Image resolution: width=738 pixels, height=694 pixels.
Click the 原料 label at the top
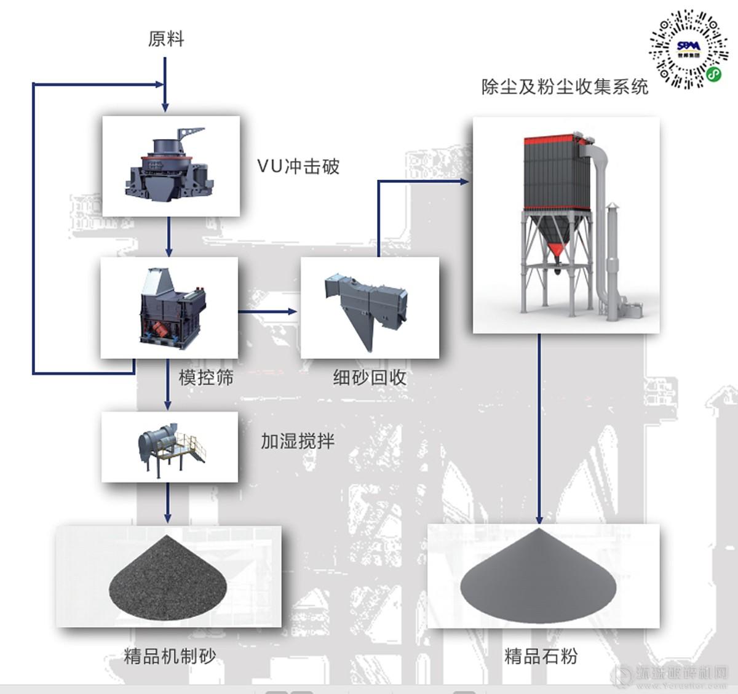(166, 39)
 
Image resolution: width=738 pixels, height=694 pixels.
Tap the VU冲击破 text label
(298, 166)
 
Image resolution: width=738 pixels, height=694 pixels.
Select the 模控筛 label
(206, 377)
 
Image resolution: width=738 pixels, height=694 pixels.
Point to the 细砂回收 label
(370, 377)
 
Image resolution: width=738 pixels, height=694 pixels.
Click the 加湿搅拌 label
(298, 441)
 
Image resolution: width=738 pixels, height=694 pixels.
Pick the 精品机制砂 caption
(170, 656)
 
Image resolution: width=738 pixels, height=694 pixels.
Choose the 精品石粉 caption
(541, 656)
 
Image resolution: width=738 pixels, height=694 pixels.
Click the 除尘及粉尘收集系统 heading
(565, 87)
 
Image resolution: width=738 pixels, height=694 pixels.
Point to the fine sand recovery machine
(369, 307)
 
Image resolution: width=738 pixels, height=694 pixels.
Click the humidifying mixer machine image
(170, 447)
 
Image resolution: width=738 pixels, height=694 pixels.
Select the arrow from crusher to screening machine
(169, 237)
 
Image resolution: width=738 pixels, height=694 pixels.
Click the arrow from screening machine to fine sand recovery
(268, 312)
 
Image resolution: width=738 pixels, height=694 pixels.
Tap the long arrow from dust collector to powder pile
(539, 431)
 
